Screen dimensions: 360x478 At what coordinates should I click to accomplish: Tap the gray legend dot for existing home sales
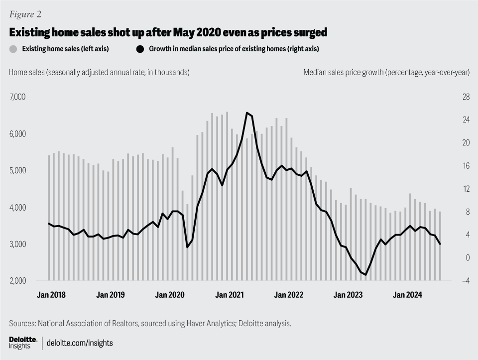[x=13, y=49]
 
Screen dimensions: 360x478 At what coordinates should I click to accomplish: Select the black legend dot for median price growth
[x=140, y=49]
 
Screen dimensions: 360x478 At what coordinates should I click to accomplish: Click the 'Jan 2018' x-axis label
[x=51, y=295]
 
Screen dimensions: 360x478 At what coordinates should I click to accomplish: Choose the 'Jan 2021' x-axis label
[x=229, y=295]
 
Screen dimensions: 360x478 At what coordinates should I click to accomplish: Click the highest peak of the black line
[x=247, y=113]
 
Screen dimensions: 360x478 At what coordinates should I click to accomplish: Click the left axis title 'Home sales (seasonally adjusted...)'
[x=99, y=72]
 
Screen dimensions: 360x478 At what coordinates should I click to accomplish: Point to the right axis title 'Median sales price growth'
[x=386, y=72]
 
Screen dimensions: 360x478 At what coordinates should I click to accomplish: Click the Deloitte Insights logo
[x=23, y=343]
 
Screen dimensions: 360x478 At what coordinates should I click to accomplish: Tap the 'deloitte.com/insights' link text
[x=80, y=343]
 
